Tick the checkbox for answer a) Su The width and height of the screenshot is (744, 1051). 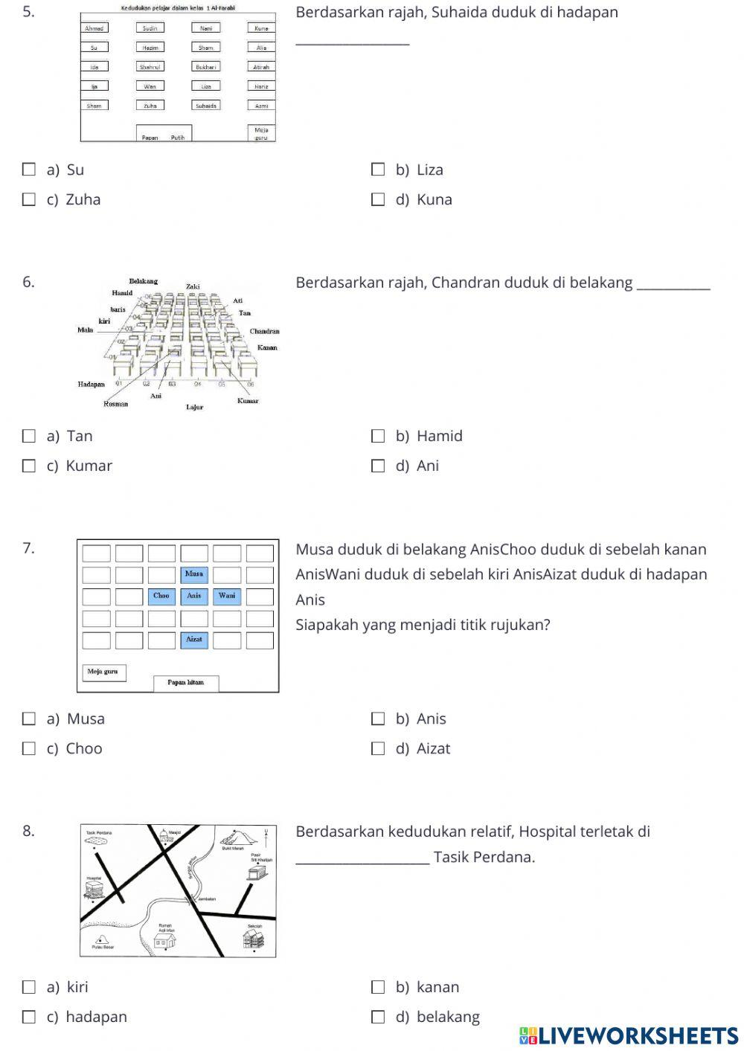coord(29,170)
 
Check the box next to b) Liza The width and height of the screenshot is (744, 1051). coord(378,170)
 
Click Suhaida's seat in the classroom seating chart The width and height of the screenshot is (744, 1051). coord(206,106)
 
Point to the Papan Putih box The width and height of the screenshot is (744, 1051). coord(164,135)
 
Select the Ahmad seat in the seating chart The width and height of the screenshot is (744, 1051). coord(94,28)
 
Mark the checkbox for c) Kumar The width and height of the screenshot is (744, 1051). coord(29,466)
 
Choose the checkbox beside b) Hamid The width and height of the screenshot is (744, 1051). coord(378,436)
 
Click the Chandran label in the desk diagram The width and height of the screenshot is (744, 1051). coord(264,331)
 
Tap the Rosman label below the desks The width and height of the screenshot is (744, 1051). coord(115,404)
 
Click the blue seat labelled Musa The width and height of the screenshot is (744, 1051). coord(194,574)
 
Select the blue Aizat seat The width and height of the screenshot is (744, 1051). coord(194,640)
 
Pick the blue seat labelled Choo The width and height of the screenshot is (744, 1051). coord(161,596)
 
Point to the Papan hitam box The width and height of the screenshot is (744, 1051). coord(185,683)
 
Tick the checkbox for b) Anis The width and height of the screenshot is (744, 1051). coord(378,719)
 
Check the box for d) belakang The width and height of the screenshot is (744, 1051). coord(378,1017)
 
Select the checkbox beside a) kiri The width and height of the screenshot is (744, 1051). coord(29,987)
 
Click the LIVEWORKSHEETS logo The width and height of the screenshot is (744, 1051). coord(629,1035)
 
